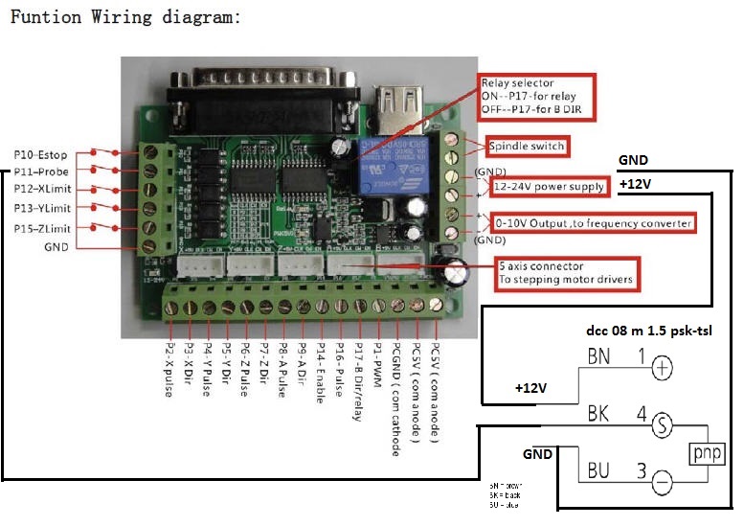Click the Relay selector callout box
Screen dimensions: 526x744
536,98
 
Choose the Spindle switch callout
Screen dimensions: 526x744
527,147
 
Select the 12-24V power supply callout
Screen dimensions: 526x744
549,186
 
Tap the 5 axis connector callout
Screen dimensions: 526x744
565,273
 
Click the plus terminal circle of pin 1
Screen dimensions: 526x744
661,366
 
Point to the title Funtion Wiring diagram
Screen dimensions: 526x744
124,17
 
